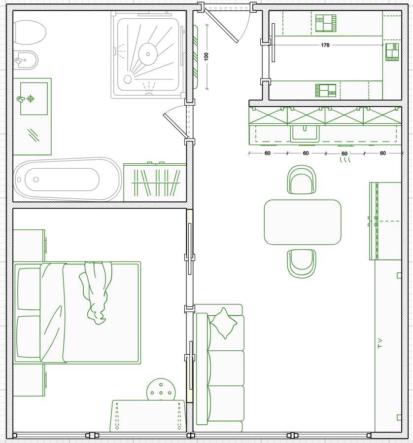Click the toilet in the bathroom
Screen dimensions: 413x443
pyautogui.click(x=29, y=32)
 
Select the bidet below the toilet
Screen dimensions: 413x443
pyautogui.click(x=26, y=60)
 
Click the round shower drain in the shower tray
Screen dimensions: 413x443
pyautogui.click(x=148, y=54)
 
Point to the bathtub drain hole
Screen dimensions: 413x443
pyautogui.click(x=36, y=180)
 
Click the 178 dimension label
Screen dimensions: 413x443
pyautogui.click(x=325, y=45)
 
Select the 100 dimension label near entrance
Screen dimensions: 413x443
pyautogui.click(x=206, y=56)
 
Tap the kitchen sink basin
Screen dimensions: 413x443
pyautogui.click(x=305, y=133)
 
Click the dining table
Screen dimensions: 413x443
pyautogui.click(x=303, y=222)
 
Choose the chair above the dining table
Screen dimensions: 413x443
pyautogui.click(x=302, y=180)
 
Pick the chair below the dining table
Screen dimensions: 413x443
pyautogui.click(x=302, y=263)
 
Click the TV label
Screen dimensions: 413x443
pyautogui.click(x=379, y=343)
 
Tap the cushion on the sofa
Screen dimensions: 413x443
pyautogui.click(x=224, y=323)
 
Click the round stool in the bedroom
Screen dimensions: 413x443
pyautogui.click(x=161, y=391)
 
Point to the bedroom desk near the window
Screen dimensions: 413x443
pyautogui.click(x=148, y=415)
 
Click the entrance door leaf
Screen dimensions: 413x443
pyautogui.click(x=221, y=26)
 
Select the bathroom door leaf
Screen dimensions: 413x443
pyautogui.click(x=175, y=126)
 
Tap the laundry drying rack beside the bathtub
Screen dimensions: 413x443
pyautogui.click(x=155, y=182)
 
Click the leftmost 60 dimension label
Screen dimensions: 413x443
pyautogui.click(x=267, y=153)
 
